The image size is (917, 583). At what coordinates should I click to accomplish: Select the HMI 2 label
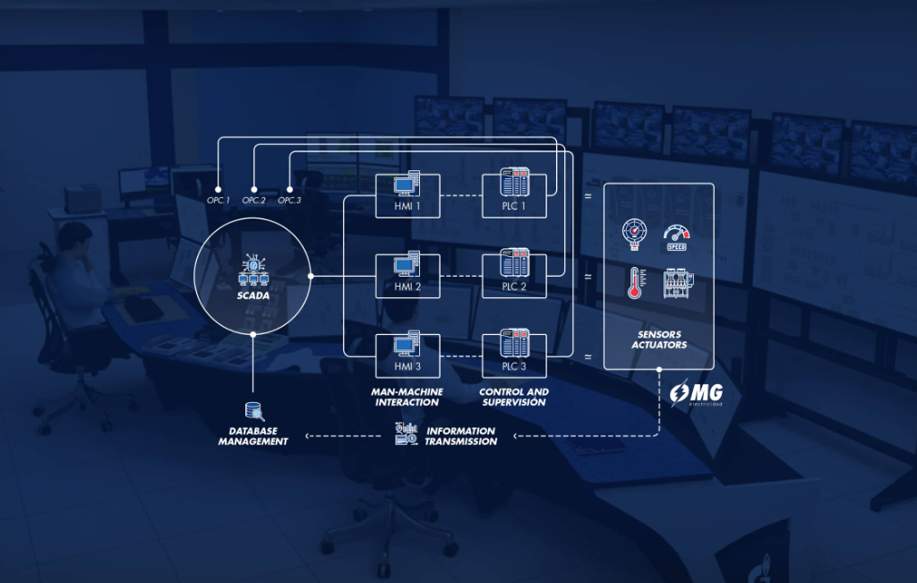407,287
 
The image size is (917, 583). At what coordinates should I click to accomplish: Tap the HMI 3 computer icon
407,343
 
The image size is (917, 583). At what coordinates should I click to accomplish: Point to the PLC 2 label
514,287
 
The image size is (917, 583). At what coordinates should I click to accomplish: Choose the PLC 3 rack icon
515,343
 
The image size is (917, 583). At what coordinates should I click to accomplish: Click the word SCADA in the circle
253,296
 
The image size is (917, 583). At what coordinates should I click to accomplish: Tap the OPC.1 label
219,201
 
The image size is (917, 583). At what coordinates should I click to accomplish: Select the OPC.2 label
253,201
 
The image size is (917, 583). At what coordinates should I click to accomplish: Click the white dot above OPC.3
289,190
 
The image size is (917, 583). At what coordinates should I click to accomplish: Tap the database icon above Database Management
254,412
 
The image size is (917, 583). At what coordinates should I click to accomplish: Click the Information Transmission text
461,436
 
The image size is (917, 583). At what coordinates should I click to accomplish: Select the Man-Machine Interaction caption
407,397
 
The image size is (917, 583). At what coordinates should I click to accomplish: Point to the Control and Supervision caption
514,397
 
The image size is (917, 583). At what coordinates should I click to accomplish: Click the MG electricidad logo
696,393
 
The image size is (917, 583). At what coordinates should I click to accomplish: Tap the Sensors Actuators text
659,339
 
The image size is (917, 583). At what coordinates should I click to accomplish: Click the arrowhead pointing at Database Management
308,436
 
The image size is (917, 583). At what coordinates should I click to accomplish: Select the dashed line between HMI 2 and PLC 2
461,276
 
